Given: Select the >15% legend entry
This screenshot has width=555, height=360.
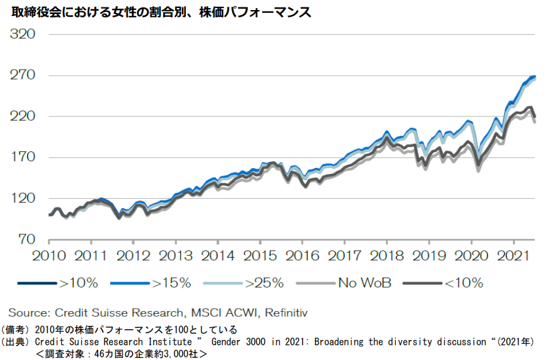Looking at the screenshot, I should (172, 283).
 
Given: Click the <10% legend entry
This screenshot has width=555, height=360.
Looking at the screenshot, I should (463, 283).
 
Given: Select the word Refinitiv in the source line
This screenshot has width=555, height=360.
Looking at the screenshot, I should (284, 312).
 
